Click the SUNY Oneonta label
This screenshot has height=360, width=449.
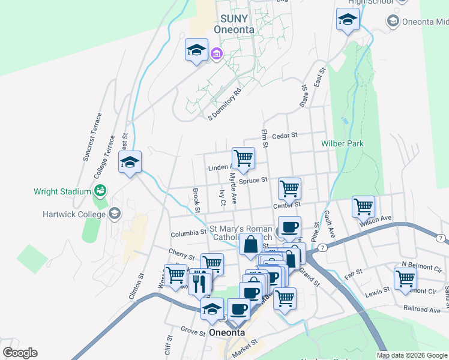[234, 24]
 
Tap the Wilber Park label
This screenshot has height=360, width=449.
[342, 144]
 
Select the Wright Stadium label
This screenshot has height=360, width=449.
[62, 191]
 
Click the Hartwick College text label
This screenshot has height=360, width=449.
[73, 214]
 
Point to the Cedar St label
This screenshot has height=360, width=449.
[285, 136]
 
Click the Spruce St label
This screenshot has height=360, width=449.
[252, 180]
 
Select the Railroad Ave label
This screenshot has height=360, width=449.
[422, 310]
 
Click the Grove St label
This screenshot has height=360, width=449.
[193, 330]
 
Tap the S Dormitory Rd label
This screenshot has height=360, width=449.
[224, 104]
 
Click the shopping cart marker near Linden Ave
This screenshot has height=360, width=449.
[243, 158]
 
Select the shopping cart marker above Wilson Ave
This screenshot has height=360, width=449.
[363, 206]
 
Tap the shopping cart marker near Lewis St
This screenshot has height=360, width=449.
[405, 278]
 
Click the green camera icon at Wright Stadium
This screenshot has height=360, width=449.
[100, 191]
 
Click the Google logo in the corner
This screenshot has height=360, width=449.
[20, 353]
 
